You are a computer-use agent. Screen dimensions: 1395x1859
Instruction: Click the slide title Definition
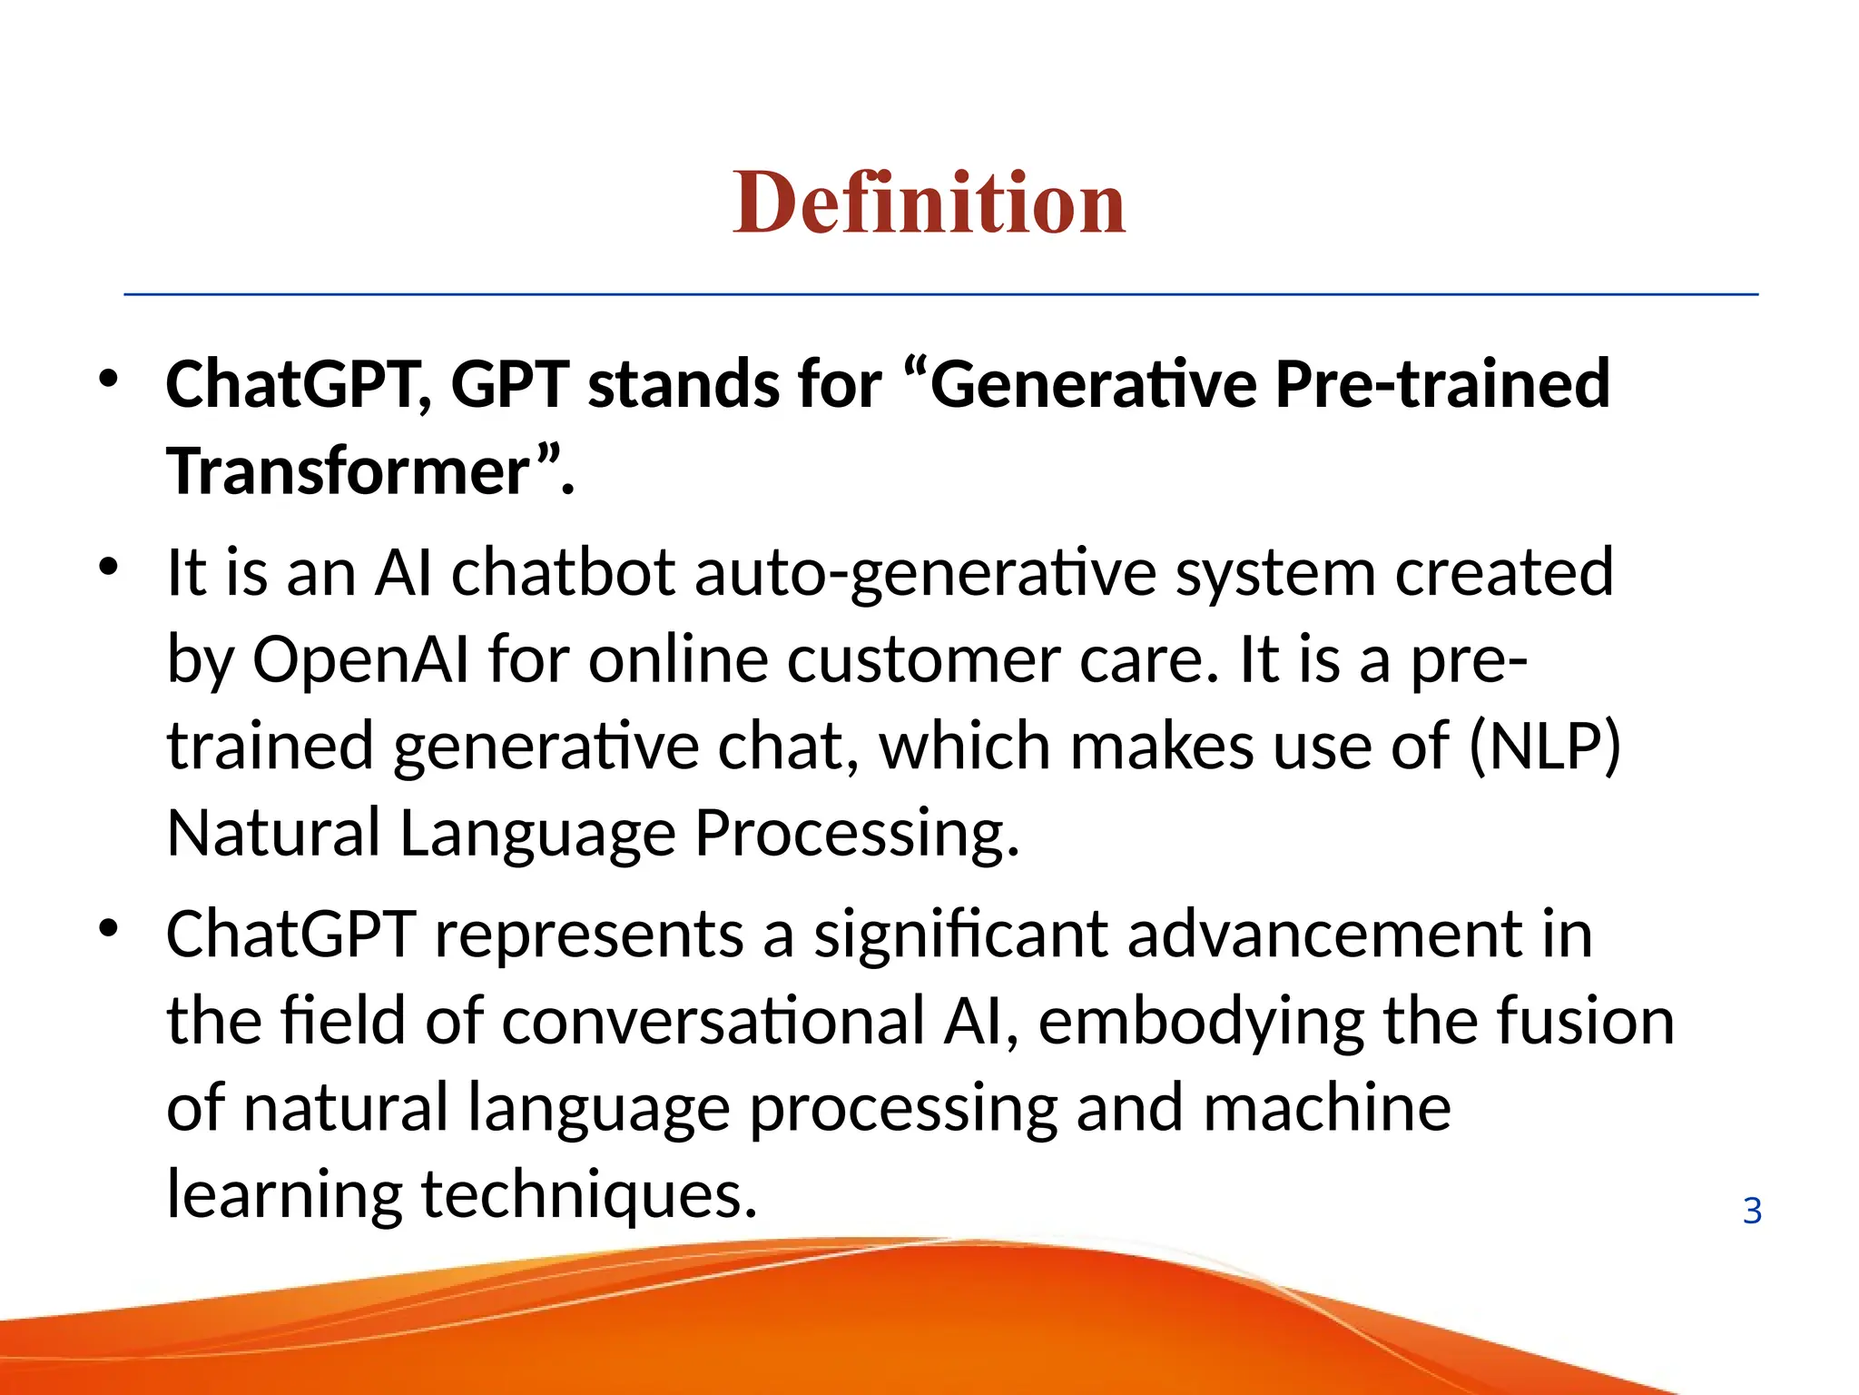pyautogui.click(x=929, y=203)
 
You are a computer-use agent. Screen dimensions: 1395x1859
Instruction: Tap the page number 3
pyautogui.click(x=1752, y=1211)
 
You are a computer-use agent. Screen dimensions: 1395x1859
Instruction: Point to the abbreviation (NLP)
pyautogui.click(x=1544, y=747)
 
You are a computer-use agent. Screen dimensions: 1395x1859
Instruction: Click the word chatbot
pyautogui.click(x=563, y=573)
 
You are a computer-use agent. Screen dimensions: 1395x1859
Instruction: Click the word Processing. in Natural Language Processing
pyautogui.click(x=857, y=833)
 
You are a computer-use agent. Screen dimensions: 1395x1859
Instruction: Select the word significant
pyautogui.click(x=959, y=935)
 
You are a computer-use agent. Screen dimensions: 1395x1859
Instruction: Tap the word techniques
pyautogui.click(x=589, y=1194)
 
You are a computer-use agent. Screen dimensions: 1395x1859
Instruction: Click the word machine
pyautogui.click(x=1326, y=1108)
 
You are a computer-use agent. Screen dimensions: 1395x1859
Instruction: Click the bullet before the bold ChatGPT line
pyautogui.click(x=109, y=380)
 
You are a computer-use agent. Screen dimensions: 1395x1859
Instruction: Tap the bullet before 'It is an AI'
pyautogui.click(x=109, y=569)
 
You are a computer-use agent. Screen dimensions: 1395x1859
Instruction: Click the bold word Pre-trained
pyautogui.click(x=1441, y=383)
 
